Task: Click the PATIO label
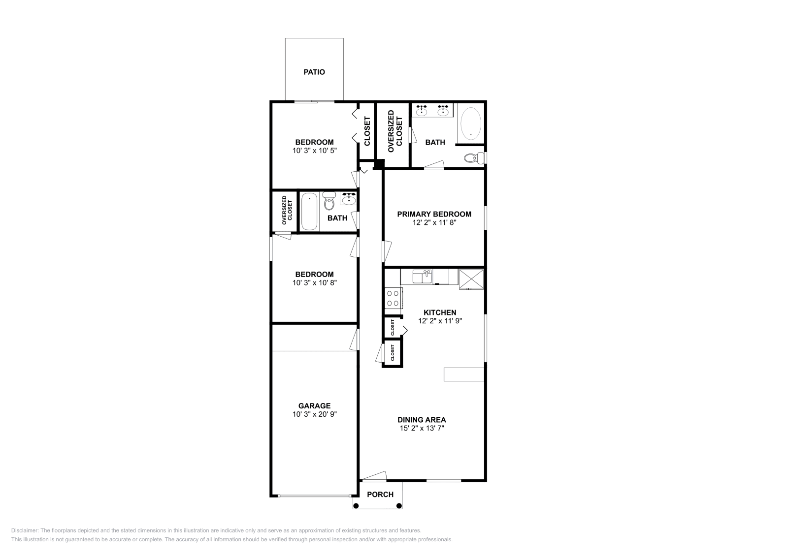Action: point(314,72)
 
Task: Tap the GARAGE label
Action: point(315,405)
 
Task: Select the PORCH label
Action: point(380,495)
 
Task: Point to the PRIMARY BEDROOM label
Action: point(434,214)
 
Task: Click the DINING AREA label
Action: point(422,420)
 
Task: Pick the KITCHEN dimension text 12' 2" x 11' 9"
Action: point(440,321)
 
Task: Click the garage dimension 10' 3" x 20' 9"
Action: point(315,414)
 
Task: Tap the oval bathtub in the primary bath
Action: point(471,124)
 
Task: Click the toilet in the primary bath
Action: point(475,158)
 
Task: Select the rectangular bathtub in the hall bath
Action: point(309,212)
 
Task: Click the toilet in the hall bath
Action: point(329,201)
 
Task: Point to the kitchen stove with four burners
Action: point(394,298)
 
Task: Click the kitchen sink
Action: point(422,277)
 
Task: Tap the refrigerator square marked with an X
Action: point(471,279)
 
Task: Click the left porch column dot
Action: point(356,506)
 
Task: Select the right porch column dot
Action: point(399,506)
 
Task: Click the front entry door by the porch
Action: point(374,476)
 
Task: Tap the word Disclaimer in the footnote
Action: point(25,530)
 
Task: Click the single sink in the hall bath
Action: point(348,199)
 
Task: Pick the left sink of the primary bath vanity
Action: point(422,110)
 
